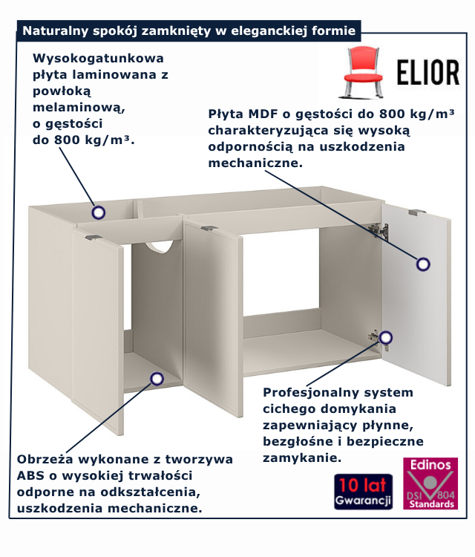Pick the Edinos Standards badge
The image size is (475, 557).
point(430,483)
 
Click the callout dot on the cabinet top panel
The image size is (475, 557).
point(98,212)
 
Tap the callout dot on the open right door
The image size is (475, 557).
point(423,263)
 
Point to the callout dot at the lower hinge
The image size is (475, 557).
point(385,339)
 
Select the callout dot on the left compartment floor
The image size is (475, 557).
point(157,379)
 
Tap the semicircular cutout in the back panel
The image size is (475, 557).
point(163,247)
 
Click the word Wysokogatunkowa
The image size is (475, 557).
point(98,58)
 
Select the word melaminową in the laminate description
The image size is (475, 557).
point(79,107)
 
